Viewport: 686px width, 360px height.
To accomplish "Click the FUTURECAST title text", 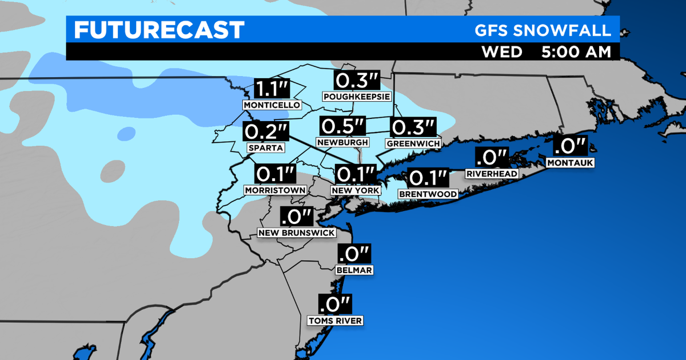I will click(x=159, y=30).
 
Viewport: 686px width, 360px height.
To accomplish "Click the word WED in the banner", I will click(x=502, y=51).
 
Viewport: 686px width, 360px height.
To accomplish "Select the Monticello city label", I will click(x=272, y=106).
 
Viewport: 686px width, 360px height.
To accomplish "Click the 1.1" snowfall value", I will click(x=272, y=89).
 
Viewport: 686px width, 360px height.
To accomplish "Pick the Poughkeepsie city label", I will click(x=352, y=97).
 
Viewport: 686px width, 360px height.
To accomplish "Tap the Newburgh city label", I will click(x=342, y=142).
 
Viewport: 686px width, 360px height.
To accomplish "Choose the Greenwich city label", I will click(x=413, y=142).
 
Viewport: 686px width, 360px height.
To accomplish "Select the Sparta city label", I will click(x=266, y=147).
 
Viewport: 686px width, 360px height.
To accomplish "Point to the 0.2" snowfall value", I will click(x=266, y=131).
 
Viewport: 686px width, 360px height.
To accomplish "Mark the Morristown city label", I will click(x=276, y=190).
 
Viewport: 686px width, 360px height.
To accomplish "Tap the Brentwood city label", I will click(x=428, y=194).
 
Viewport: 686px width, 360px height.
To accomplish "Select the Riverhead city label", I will click(x=492, y=173).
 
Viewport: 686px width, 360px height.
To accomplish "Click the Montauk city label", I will click(x=571, y=163).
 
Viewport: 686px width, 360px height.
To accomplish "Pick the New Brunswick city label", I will click(x=297, y=233).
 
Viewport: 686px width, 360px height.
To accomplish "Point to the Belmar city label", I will click(x=355, y=270).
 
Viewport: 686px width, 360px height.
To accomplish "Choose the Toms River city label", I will click(x=335, y=321).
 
